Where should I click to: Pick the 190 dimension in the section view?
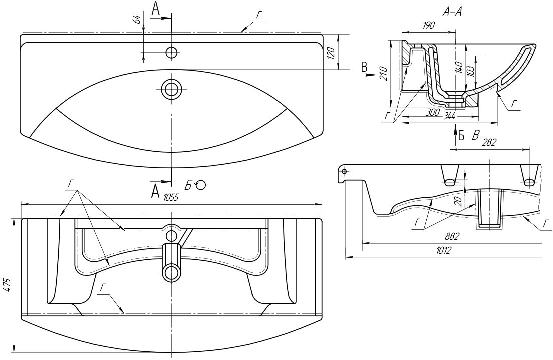[429, 25]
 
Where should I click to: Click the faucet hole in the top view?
[171, 52]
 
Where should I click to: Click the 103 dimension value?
[470, 70]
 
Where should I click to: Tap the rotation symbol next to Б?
[201, 185]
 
